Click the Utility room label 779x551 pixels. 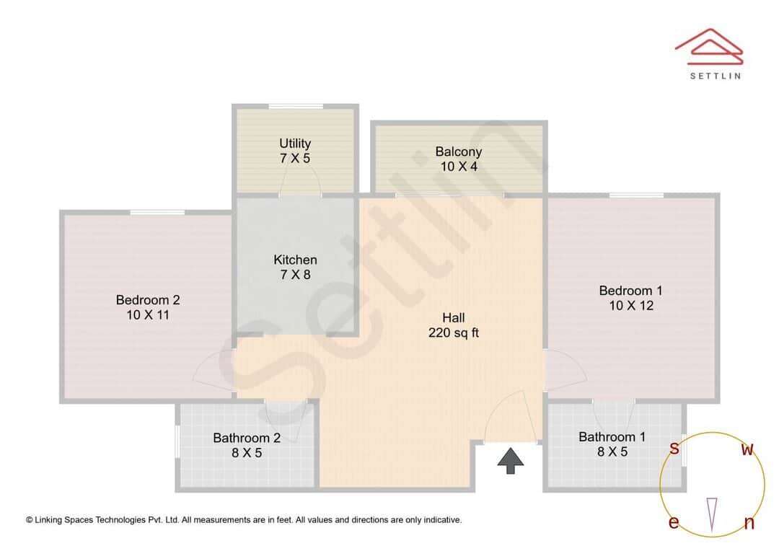point(295,144)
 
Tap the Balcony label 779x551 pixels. point(458,152)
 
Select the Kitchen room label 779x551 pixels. point(295,260)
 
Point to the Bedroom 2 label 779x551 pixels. point(148,300)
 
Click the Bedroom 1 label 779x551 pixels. point(630,291)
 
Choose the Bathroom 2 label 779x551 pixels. point(247,438)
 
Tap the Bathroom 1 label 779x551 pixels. point(612,437)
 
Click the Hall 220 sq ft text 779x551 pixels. point(454,325)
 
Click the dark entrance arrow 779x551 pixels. point(511,460)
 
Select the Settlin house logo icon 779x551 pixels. point(708,45)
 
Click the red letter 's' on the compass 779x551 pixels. point(674,449)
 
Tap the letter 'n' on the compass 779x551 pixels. point(749,524)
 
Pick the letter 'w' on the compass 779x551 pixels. point(748,450)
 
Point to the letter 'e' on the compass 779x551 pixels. point(674,523)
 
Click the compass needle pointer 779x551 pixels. point(712,514)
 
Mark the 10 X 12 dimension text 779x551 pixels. point(630,306)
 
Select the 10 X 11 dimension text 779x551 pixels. point(148,315)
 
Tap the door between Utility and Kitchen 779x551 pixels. point(300,186)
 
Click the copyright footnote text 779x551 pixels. point(244,519)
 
